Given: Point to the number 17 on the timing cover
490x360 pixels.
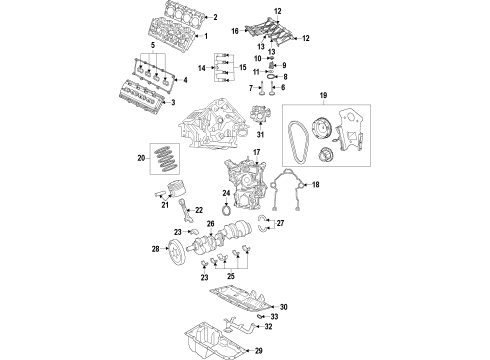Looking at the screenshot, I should click(x=256, y=152).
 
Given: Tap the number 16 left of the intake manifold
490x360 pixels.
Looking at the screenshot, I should click(x=233, y=32).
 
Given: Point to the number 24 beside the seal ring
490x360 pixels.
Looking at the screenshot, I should click(x=226, y=192).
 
